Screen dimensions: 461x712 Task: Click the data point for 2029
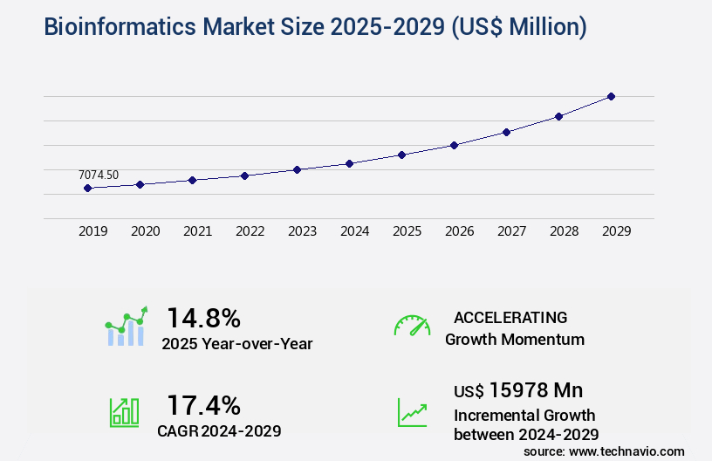click(611, 96)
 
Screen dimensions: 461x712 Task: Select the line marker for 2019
click(87, 188)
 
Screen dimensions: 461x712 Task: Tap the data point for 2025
click(401, 155)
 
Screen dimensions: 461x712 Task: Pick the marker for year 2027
click(506, 132)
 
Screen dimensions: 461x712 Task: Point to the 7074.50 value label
click(99, 175)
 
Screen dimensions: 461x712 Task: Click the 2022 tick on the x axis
click(250, 231)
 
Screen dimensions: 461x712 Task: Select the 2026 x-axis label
click(459, 231)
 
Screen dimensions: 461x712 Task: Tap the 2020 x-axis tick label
click(145, 231)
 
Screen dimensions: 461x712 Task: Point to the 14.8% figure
click(203, 317)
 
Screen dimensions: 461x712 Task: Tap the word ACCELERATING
click(510, 317)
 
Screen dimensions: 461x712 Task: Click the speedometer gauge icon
click(412, 326)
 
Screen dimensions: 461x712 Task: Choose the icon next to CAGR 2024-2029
click(124, 412)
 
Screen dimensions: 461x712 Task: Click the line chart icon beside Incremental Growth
click(412, 412)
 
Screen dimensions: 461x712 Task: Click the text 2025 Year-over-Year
click(237, 344)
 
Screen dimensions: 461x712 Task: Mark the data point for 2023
click(297, 169)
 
